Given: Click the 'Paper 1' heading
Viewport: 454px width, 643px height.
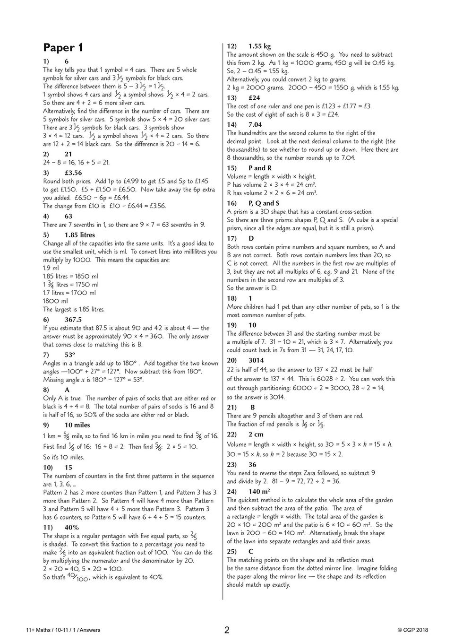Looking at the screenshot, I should click(x=63, y=48).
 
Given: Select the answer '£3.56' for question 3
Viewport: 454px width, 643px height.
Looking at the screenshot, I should click(x=73, y=173).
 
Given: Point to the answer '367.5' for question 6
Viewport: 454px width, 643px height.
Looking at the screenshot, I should click(x=73, y=320).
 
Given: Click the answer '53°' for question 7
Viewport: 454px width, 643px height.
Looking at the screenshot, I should click(x=70, y=355).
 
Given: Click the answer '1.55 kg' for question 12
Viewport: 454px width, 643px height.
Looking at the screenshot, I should click(x=259, y=46).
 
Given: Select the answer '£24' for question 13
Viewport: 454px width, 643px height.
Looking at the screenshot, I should click(x=254, y=98).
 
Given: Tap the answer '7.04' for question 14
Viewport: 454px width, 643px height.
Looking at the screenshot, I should click(x=255, y=125).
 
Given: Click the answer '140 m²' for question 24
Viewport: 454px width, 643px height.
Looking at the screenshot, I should click(x=259, y=491).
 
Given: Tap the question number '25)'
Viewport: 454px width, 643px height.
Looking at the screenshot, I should click(x=231, y=551).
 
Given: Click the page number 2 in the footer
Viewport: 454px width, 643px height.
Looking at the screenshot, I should click(x=227, y=630).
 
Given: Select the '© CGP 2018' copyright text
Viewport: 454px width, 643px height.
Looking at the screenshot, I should click(x=412, y=630).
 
